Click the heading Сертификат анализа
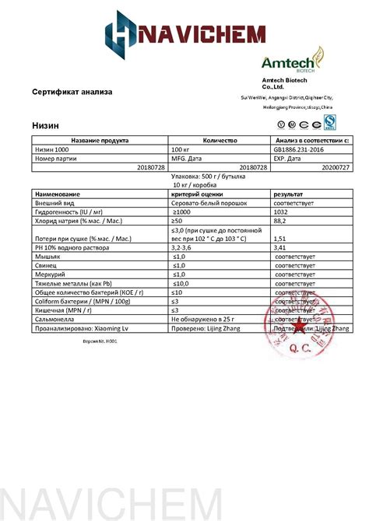pyautogui.click(x=72, y=92)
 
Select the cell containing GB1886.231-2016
pyautogui.click(x=299, y=149)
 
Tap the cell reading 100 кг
pyautogui.click(x=181, y=149)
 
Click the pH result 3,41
pyautogui.click(x=280, y=247)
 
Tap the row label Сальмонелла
pyautogui.click(x=57, y=319)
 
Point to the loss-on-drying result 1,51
pyautogui.click(x=280, y=239)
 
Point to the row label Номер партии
pyautogui.click(x=58, y=158)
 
